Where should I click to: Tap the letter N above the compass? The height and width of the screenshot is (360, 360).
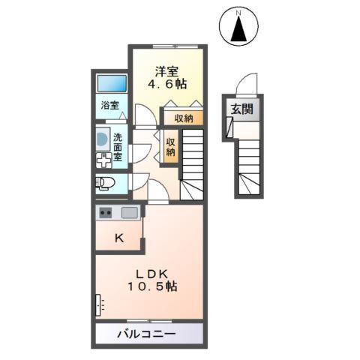click(238, 12)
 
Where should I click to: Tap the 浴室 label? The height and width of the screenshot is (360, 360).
click(109, 106)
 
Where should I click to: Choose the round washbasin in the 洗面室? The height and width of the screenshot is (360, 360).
click(102, 139)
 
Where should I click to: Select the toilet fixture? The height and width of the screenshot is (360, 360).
click(104, 182)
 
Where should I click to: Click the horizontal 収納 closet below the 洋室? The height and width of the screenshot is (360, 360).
click(184, 118)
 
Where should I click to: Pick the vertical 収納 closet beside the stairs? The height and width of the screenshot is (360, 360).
click(171, 146)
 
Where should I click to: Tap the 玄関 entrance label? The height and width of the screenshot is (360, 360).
click(241, 109)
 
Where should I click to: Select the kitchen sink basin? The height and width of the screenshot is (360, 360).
click(130, 212)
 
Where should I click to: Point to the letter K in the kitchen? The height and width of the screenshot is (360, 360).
click(118, 239)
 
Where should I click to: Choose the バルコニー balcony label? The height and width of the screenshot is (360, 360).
click(146, 333)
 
